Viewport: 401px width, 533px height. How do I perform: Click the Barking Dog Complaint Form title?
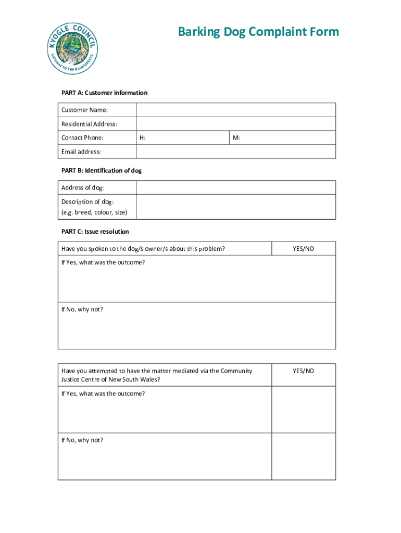tap(258, 32)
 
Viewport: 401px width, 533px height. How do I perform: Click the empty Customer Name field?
tap(235, 110)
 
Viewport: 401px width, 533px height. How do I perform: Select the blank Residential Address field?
tap(235, 124)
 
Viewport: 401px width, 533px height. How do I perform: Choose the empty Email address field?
tap(235, 151)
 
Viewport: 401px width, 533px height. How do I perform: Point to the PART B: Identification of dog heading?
tap(101, 170)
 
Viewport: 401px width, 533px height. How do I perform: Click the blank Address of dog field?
tap(235, 188)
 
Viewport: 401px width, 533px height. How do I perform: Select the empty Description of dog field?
tap(235, 207)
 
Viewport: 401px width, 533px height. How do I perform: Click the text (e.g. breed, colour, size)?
tap(94, 212)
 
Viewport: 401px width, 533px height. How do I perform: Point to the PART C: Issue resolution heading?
tap(95, 231)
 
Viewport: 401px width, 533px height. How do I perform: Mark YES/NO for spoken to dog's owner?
tap(303, 249)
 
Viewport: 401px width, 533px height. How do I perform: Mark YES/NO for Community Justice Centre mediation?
tap(303, 371)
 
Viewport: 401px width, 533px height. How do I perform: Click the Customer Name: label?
tap(85, 110)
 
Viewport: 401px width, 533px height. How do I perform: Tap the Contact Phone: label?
tap(82, 138)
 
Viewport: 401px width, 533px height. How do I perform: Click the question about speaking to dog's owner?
tap(143, 249)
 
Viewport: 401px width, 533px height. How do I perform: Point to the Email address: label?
tap(81, 151)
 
